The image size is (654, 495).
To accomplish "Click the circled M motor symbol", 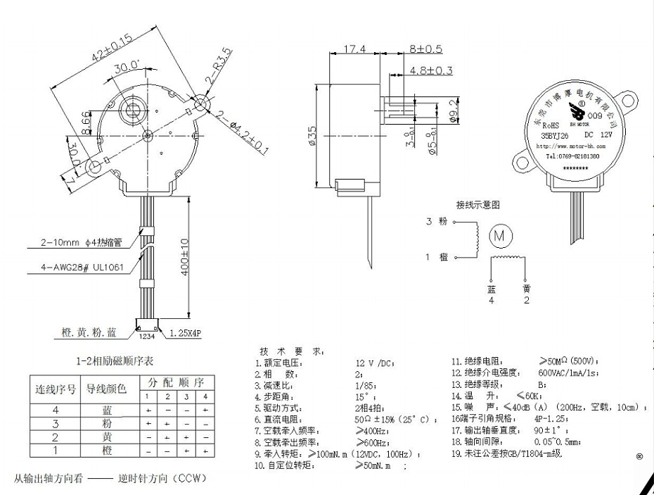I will tap(500, 234).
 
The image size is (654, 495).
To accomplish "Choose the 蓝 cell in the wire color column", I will tap(107, 409).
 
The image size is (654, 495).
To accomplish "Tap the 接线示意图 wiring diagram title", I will tap(477, 205).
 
